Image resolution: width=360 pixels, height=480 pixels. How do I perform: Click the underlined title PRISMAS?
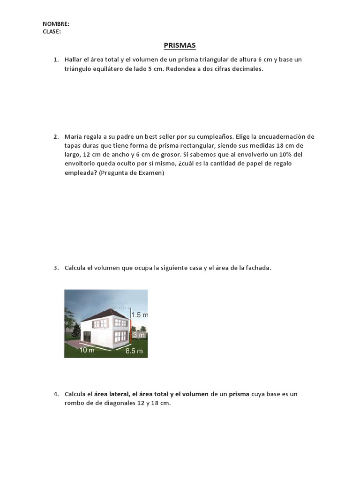click(x=180, y=45)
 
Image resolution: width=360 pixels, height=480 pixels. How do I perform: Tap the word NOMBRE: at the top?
click(x=56, y=24)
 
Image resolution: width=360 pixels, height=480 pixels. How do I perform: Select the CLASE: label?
click(x=52, y=31)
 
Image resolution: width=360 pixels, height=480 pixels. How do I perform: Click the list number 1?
click(x=56, y=60)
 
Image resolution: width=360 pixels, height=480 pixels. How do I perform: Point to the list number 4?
click(x=56, y=394)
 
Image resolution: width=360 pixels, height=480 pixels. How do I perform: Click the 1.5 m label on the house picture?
click(x=139, y=315)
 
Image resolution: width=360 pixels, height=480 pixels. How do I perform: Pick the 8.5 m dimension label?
click(x=134, y=351)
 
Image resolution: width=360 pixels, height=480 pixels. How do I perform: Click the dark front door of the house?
click(x=87, y=336)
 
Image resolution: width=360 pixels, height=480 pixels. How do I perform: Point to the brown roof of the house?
click(x=110, y=311)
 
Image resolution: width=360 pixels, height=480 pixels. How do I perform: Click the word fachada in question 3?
click(x=259, y=268)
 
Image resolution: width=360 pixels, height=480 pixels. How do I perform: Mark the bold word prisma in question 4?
click(x=239, y=394)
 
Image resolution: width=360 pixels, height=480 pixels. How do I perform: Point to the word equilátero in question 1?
click(x=106, y=69)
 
